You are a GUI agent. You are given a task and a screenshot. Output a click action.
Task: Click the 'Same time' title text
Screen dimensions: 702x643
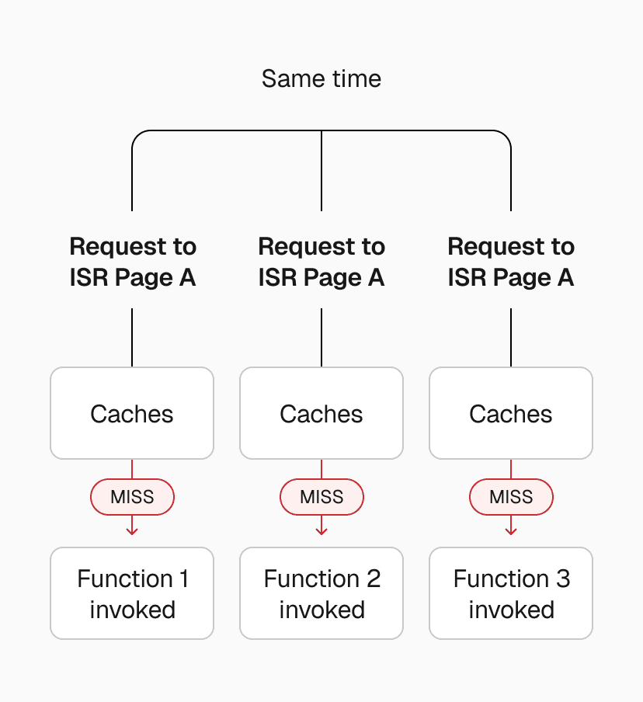321,78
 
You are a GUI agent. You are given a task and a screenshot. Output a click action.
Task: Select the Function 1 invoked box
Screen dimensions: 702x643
132,593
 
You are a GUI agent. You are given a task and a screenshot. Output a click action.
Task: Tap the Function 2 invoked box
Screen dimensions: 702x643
321,593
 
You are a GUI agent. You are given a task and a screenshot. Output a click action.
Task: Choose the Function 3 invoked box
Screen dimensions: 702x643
511,593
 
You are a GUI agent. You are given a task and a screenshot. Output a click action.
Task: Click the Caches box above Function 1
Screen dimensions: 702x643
132,413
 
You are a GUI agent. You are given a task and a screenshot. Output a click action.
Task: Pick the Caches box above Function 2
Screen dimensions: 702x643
321,413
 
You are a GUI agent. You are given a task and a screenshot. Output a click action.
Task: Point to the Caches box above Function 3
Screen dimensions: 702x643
511,413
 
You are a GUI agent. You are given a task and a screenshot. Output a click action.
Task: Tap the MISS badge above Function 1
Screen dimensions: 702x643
132,497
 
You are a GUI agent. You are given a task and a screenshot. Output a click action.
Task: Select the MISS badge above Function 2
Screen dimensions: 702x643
321,497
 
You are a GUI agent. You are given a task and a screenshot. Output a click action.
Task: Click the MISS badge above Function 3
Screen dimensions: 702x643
511,497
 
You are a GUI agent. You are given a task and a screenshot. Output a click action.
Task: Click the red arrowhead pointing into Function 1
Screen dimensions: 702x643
132,531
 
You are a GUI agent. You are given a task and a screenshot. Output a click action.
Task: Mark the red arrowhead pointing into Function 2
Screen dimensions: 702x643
321,531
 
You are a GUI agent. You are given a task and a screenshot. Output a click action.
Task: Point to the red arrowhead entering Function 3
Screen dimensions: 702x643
511,531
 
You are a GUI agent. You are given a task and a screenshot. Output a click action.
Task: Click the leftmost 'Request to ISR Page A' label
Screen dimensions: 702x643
132,262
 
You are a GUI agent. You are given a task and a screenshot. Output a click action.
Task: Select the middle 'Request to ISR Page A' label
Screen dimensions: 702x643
321,262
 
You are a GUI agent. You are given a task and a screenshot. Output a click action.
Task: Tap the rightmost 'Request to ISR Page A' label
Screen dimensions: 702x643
511,262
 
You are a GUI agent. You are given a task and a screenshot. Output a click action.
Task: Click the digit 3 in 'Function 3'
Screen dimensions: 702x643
563,579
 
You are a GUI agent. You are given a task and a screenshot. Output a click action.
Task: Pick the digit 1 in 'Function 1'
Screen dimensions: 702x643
184,579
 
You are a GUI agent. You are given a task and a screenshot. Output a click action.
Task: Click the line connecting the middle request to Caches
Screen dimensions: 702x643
321,338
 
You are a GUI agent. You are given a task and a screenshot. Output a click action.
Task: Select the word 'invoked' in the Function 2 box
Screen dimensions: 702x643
321,610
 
